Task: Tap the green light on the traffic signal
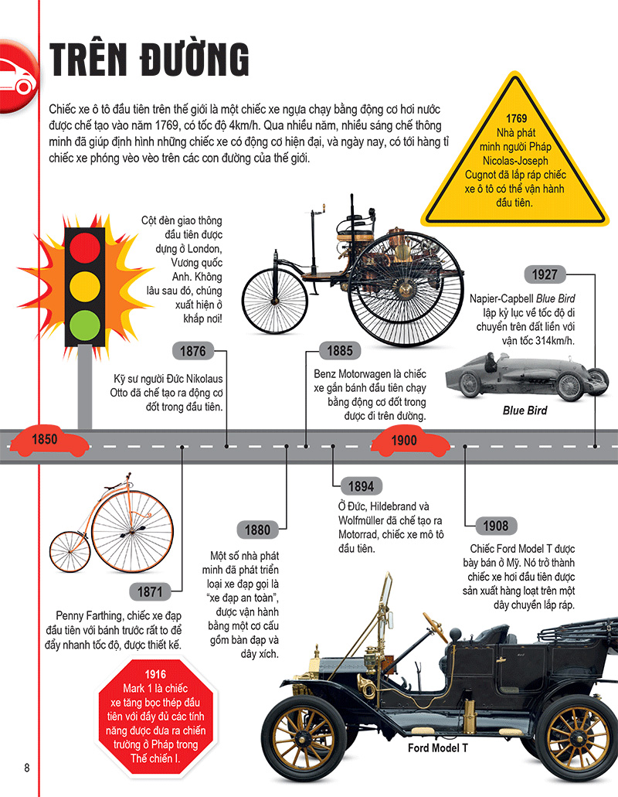85,325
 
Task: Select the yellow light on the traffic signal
85,286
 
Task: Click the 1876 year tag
193,351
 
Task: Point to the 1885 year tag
340,350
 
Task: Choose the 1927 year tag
545,274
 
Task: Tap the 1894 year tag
361,486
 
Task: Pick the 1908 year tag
496,526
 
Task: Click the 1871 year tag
150,591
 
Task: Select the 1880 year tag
257,530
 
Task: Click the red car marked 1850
49,441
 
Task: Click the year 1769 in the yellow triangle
517,118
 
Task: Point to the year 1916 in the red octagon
155,674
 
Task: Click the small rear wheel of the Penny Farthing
70,552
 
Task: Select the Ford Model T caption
438,748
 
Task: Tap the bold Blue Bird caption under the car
525,410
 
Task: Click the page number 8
27,768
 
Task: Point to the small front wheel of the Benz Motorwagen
275,301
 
